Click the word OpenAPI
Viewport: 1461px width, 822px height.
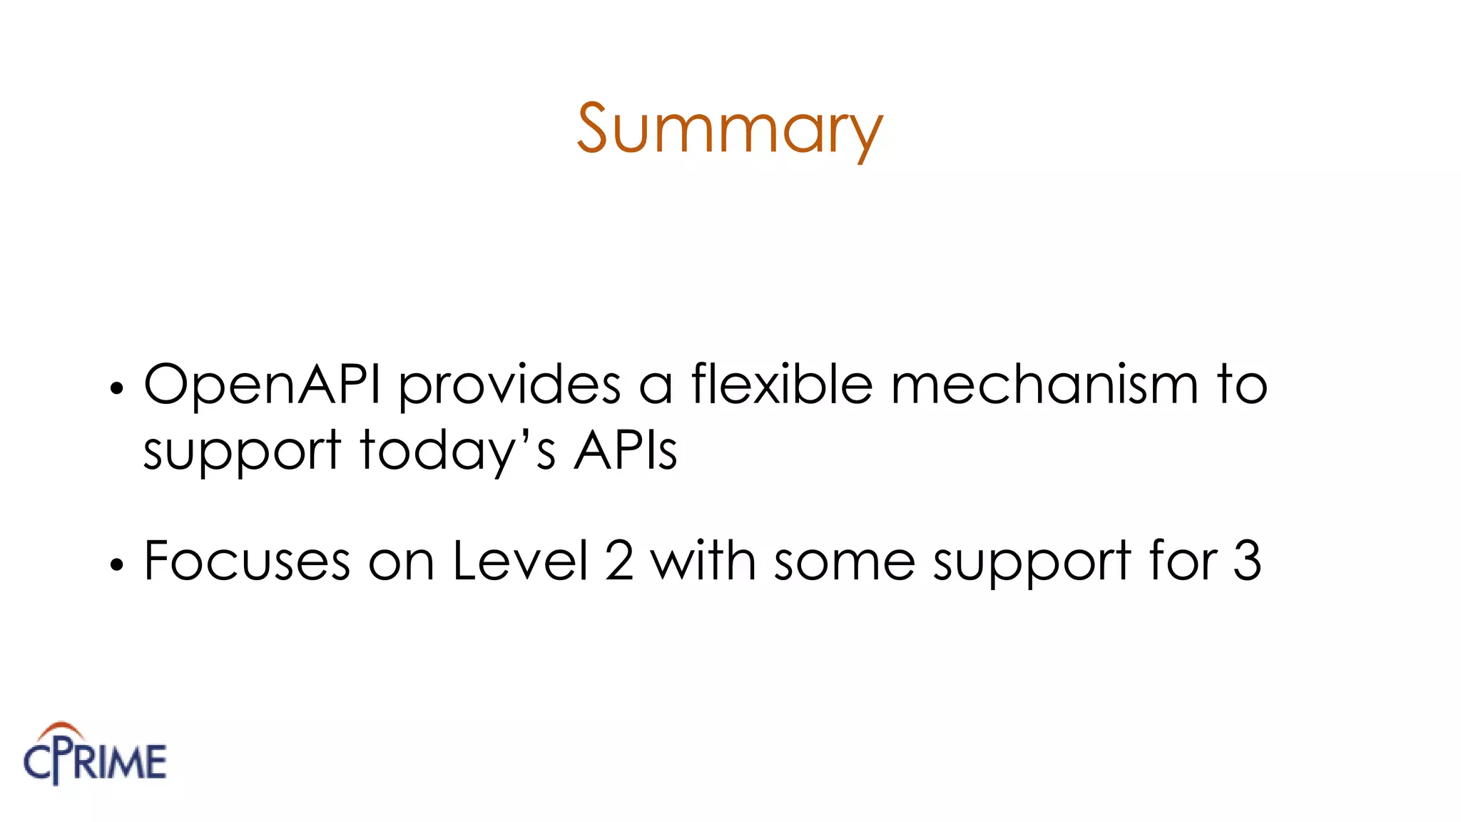262,385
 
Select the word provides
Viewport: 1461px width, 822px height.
509,385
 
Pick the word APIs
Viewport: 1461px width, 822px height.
626,451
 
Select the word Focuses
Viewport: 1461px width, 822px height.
247,561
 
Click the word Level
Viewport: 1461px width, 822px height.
520,561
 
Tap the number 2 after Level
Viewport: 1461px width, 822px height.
619,561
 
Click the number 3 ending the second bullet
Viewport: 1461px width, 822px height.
1247,561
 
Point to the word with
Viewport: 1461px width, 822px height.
703,561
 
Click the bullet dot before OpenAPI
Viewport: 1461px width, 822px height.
117,389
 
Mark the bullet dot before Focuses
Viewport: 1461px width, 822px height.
117,564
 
